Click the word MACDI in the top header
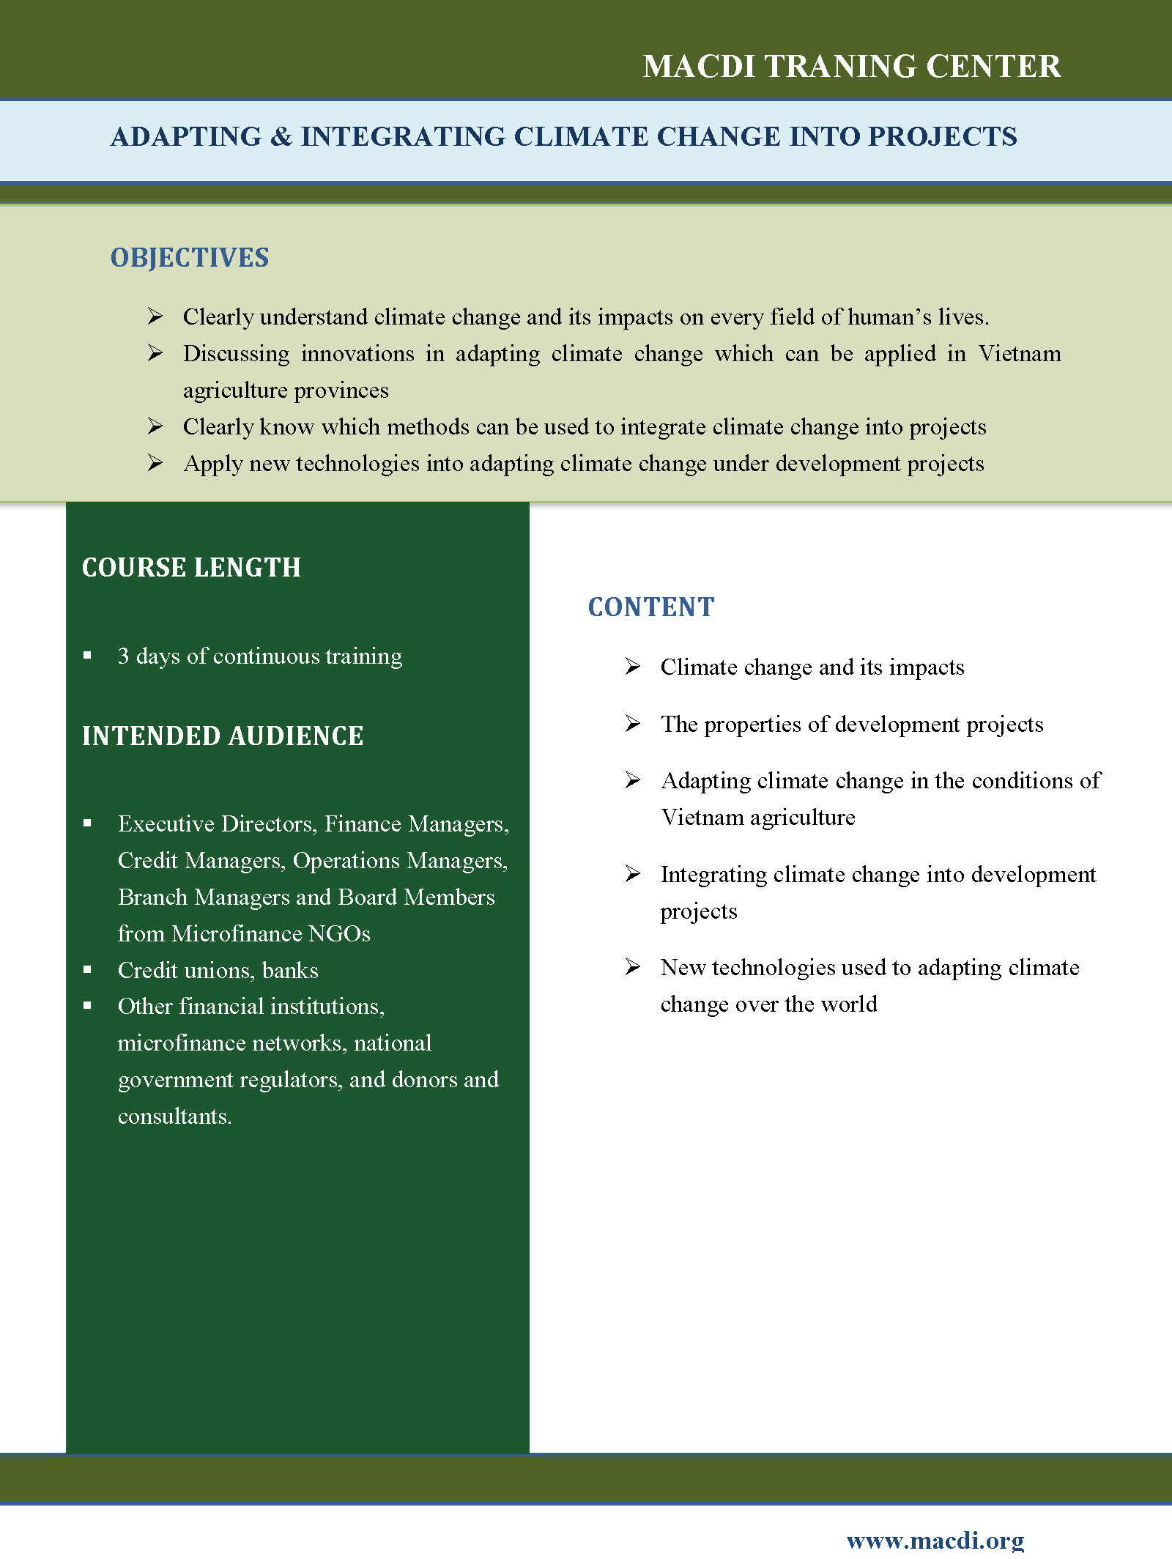click(699, 67)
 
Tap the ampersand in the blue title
click(281, 137)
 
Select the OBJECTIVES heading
click(190, 258)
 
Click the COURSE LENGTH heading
click(191, 568)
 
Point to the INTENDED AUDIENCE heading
click(223, 736)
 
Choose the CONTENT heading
click(650, 607)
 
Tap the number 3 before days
click(124, 656)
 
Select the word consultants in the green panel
click(174, 1117)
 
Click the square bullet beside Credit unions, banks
click(87, 970)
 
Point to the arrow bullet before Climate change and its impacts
click(633, 667)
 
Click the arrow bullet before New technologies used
click(633, 967)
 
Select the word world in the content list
click(849, 1004)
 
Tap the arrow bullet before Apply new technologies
click(155, 463)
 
